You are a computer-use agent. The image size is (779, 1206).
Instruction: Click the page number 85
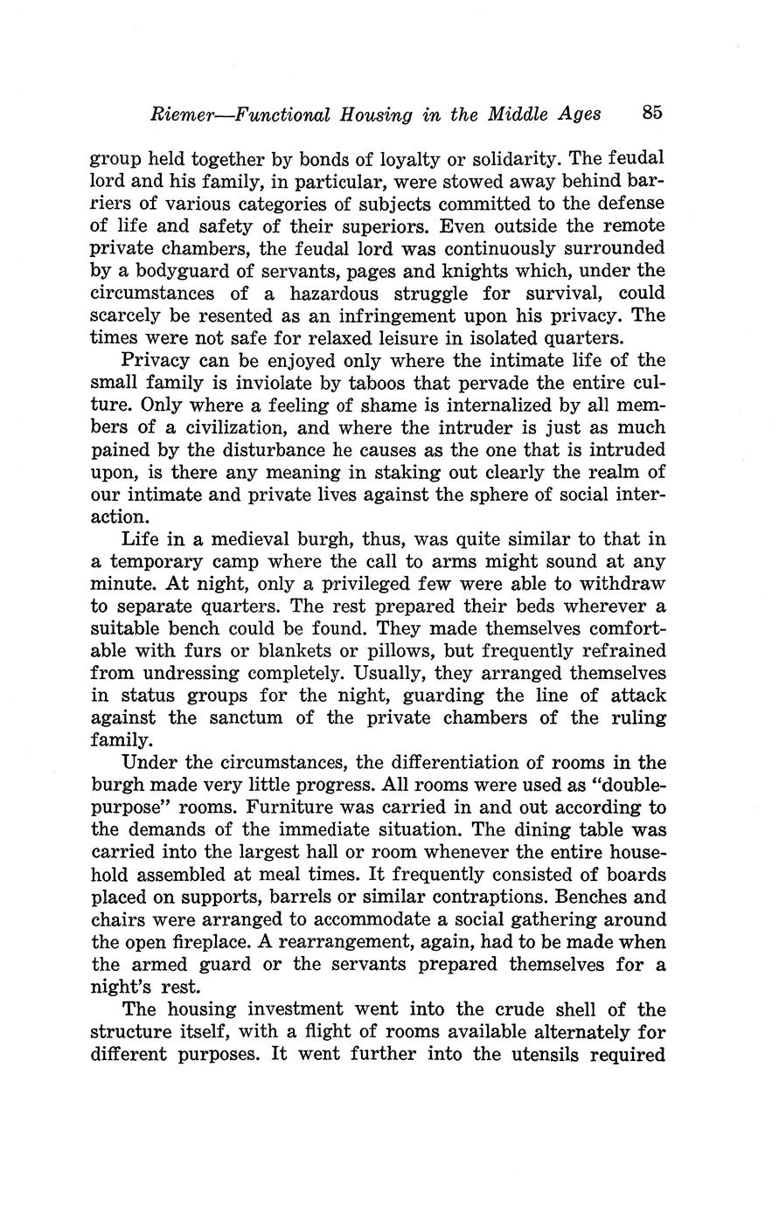point(652,113)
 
